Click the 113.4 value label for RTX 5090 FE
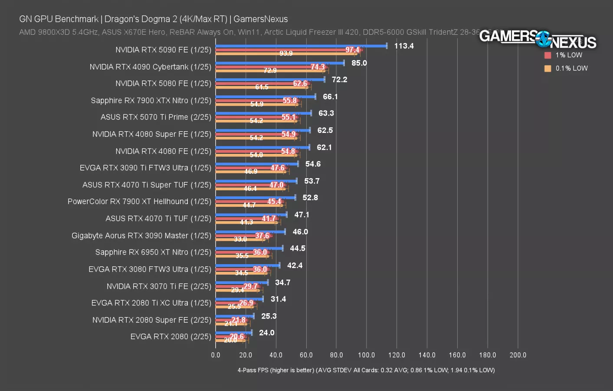[x=403, y=46]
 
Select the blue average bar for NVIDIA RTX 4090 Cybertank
[x=279, y=63]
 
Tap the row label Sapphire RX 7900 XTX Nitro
[x=151, y=100]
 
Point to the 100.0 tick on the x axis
[x=366, y=355]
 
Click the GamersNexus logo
[x=538, y=39]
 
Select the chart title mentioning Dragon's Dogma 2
[x=153, y=19]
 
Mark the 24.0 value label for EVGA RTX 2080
[x=266, y=333]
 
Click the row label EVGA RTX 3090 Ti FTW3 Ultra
[x=145, y=168]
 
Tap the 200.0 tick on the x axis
[x=518, y=355]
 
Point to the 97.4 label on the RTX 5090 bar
[x=352, y=50]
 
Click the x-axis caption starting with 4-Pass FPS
[x=366, y=370]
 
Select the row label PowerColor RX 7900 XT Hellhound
[x=139, y=202]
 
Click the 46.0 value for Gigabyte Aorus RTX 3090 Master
[x=300, y=232]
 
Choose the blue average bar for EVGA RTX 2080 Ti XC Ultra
[x=239, y=299]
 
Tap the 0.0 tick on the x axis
[x=216, y=355]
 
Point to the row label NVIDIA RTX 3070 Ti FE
[x=159, y=286]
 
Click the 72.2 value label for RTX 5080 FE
[x=339, y=80]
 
